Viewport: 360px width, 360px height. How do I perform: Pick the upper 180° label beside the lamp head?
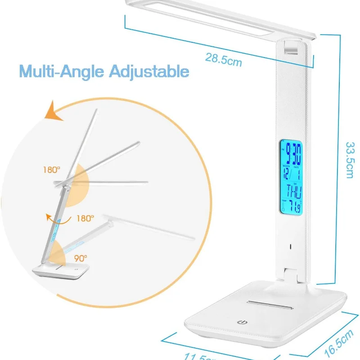coord(52,170)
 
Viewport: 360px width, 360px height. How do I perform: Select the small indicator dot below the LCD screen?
coord(291,246)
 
